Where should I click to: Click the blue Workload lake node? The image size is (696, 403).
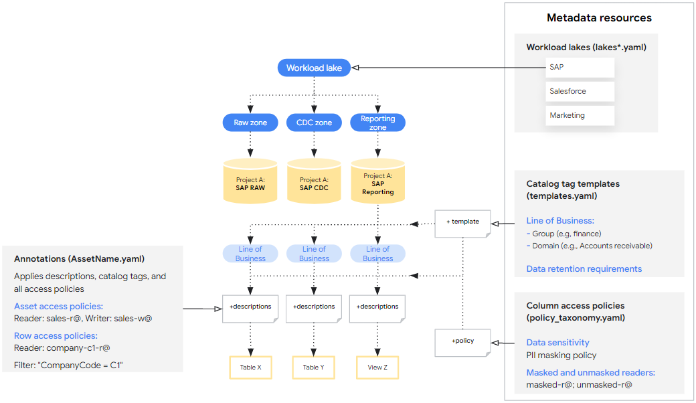(x=314, y=68)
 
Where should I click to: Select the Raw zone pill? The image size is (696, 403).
(x=250, y=123)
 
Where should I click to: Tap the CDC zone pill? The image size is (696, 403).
(x=314, y=123)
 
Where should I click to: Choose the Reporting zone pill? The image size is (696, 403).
(x=378, y=123)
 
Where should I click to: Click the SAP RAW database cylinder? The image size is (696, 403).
(x=250, y=183)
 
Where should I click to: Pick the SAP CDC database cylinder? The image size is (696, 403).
(x=314, y=183)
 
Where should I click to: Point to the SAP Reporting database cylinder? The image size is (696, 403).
(x=378, y=183)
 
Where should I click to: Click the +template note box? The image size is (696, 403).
(x=462, y=222)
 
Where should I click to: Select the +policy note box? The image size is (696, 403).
(x=462, y=341)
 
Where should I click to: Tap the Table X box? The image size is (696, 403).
(x=250, y=368)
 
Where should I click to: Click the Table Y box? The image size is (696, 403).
(x=314, y=368)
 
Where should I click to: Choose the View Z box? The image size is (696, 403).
(x=378, y=368)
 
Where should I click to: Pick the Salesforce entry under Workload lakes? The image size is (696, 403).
(x=580, y=92)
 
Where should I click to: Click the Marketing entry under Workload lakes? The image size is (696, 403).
(x=580, y=115)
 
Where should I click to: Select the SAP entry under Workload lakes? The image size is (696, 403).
(x=580, y=68)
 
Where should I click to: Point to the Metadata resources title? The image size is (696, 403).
(x=599, y=18)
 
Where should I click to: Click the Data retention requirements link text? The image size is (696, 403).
(x=584, y=268)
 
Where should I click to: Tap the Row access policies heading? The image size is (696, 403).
(x=56, y=335)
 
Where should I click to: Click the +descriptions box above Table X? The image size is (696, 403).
(x=250, y=307)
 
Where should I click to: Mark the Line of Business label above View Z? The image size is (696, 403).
(x=378, y=254)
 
